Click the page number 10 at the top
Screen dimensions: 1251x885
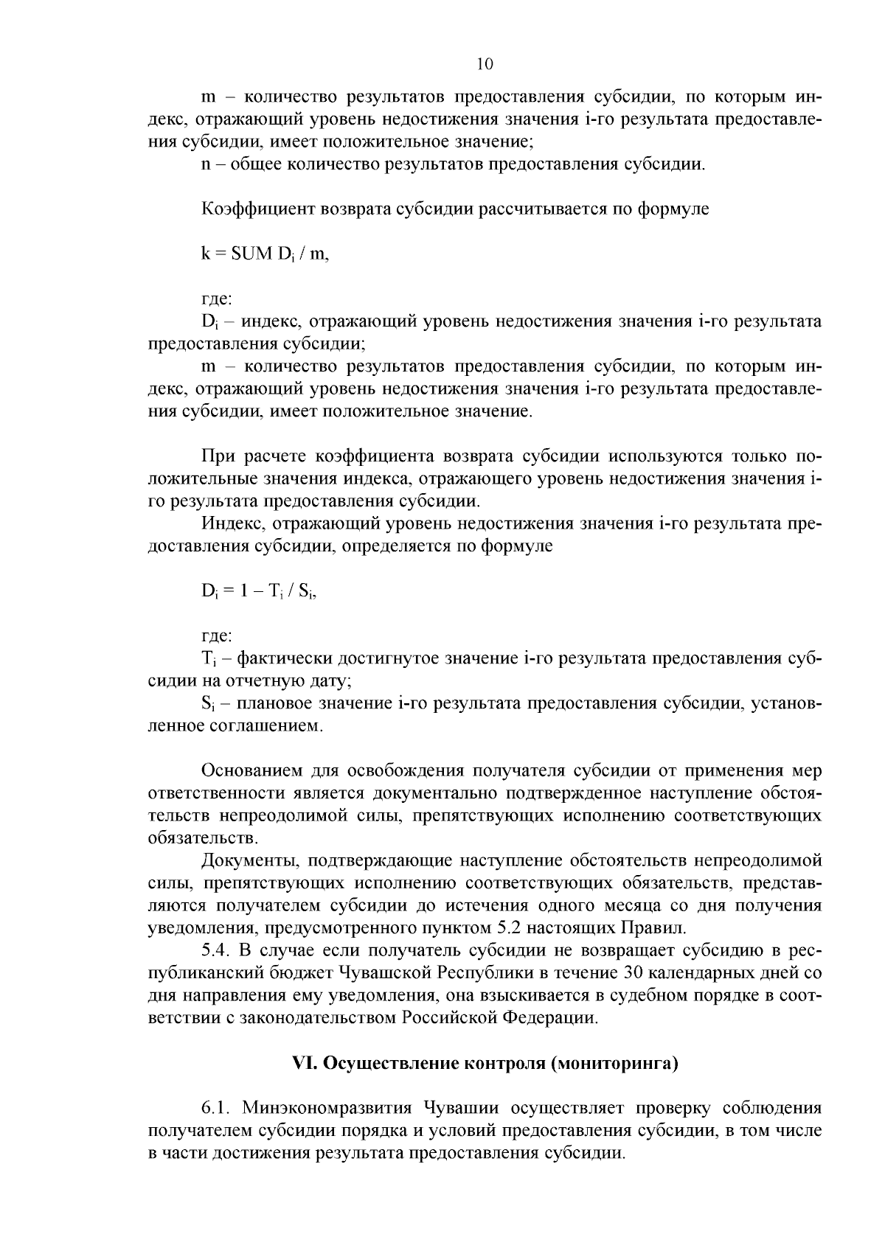pos(485,64)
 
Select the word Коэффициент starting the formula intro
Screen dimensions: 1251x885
pos(257,209)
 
